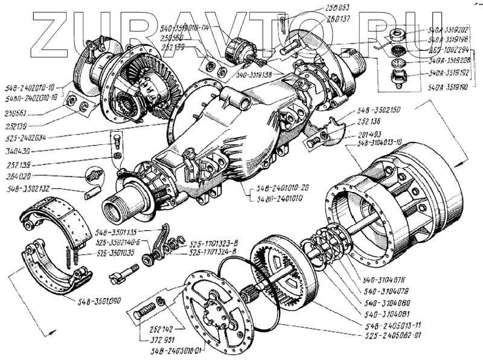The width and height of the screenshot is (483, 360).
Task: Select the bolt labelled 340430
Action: point(117,141)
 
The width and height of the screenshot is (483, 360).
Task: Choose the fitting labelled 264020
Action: point(91,176)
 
